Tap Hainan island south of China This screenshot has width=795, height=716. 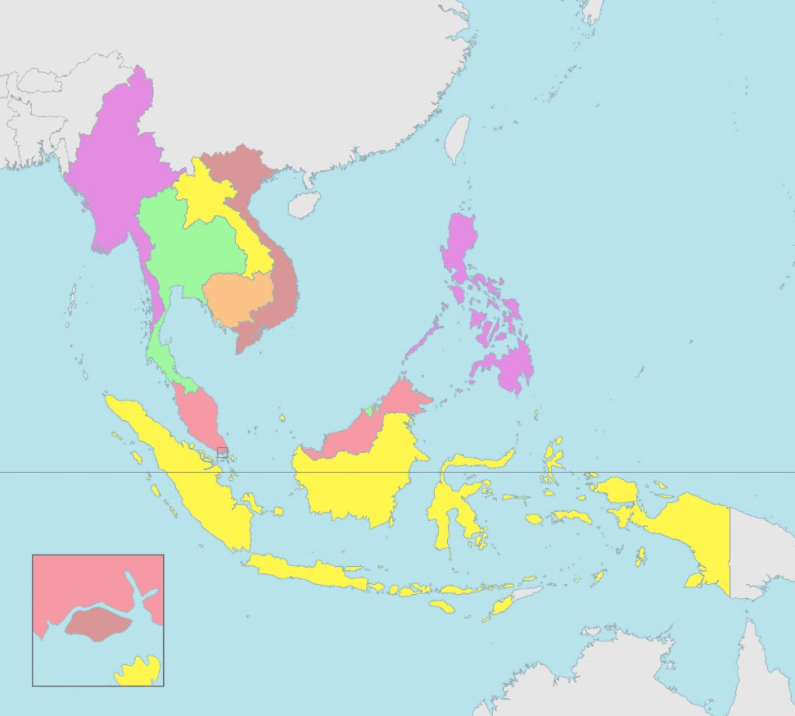pos(304,204)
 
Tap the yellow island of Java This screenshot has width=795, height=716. pos(311,571)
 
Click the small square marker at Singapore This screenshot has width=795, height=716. pos(223,452)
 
